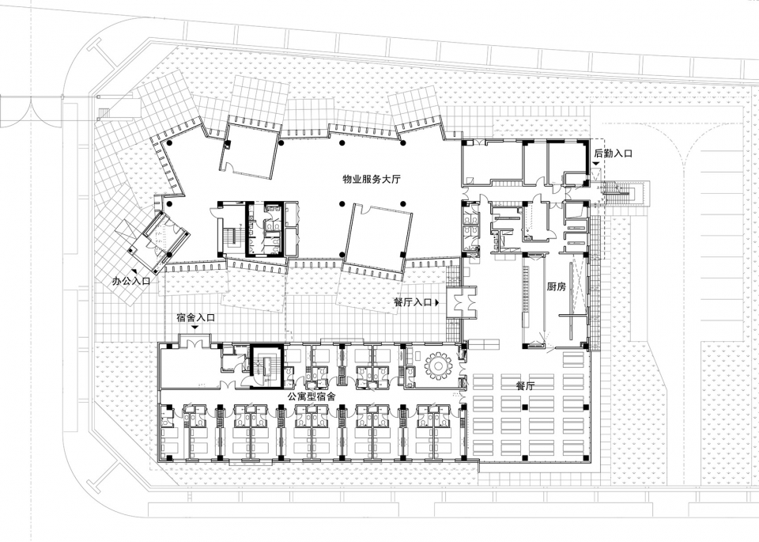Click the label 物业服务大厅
click(x=372, y=179)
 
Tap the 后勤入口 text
click(x=613, y=154)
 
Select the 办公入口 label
click(x=130, y=280)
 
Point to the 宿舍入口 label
click(x=195, y=318)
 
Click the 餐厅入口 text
click(x=413, y=302)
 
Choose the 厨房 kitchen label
click(x=556, y=286)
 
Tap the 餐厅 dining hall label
click(x=525, y=386)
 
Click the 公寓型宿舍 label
click(x=312, y=396)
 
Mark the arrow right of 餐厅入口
click(x=437, y=302)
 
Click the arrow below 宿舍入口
click(x=195, y=328)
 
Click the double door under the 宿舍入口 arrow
click(x=195, y=342)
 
